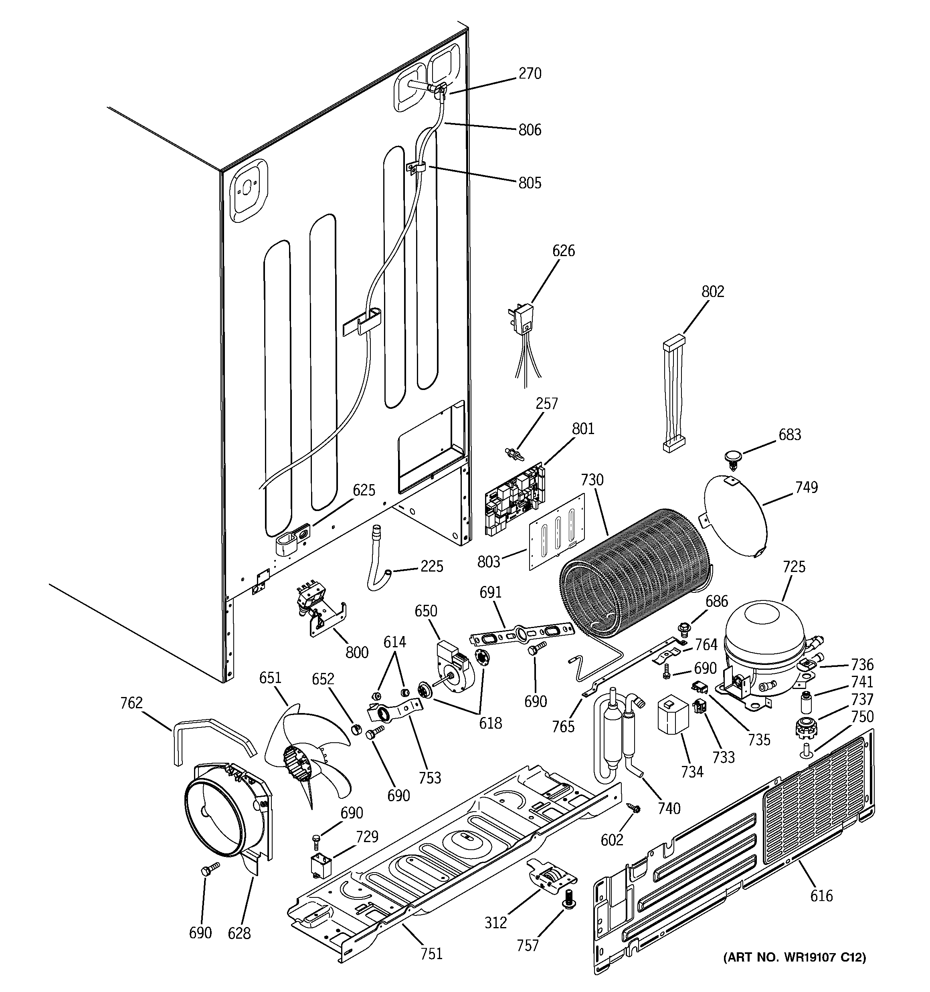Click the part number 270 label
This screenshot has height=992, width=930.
click(530, 74)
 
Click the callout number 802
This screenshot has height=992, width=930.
click(712, 291)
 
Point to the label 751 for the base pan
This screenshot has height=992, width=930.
click(431, 954)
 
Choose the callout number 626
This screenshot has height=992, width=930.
click(563, 251)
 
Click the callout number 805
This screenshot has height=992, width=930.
click(530, 183)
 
